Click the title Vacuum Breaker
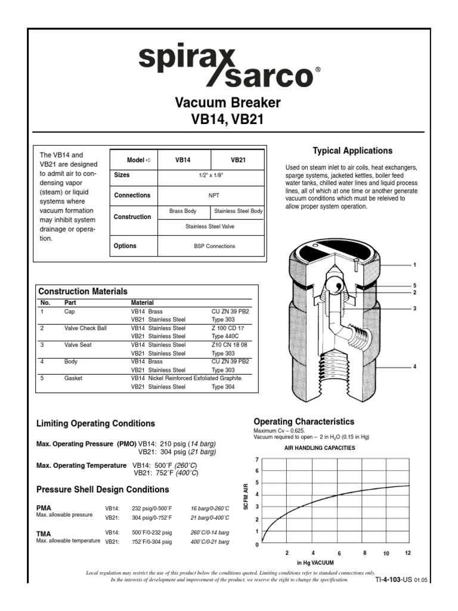point(228,103)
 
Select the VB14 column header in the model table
point(182,161)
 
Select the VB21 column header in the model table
point(239,161)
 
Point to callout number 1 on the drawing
point(414,264)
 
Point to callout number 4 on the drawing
point(414,367)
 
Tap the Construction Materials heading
point(83,292)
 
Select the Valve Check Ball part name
point(85,328)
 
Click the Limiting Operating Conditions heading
point(96,424)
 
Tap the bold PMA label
point(44,507)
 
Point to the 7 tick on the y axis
point(257,460)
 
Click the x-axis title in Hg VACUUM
point(315,563)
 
